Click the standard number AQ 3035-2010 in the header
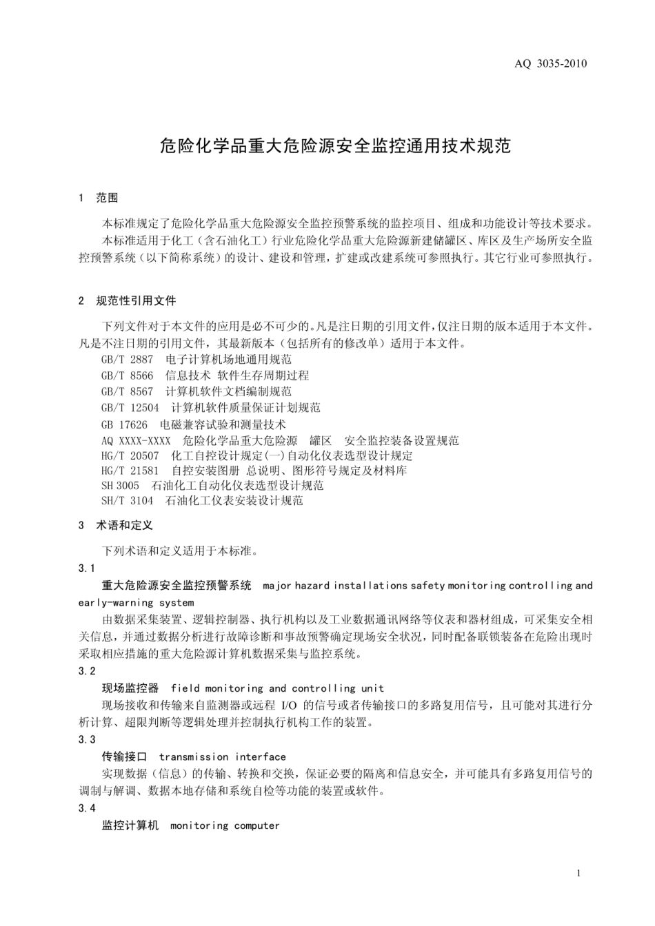tap(551, 64)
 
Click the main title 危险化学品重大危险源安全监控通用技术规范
tap(335, 145)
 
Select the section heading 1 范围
tap(99, 198)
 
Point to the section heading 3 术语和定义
tap(116, 525)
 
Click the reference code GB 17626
tap(124, 424)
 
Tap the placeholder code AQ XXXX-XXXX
tap(136, 440)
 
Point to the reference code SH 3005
tap(120, 486)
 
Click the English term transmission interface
tap(222, 757)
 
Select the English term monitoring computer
tap(225, 825)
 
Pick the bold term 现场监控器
tap(130, 688)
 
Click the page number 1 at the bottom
tap(578, 874)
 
